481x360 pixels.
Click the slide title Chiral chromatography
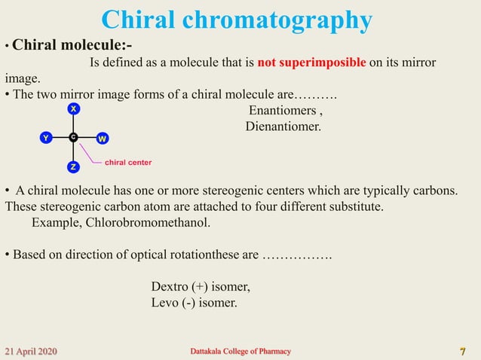point(236,20)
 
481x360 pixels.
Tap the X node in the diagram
point(73,109)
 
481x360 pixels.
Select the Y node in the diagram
point(46,138)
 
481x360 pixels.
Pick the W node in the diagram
point(103,139)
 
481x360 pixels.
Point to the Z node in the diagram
point(73,166)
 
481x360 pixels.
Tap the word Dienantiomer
point(283,126)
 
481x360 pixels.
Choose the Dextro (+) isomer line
point(201,287)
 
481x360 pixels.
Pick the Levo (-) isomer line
point(194,303)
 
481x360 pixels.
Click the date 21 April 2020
point(31,352)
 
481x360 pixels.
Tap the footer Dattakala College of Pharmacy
point(240,352)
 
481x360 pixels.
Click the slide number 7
point(462,352)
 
